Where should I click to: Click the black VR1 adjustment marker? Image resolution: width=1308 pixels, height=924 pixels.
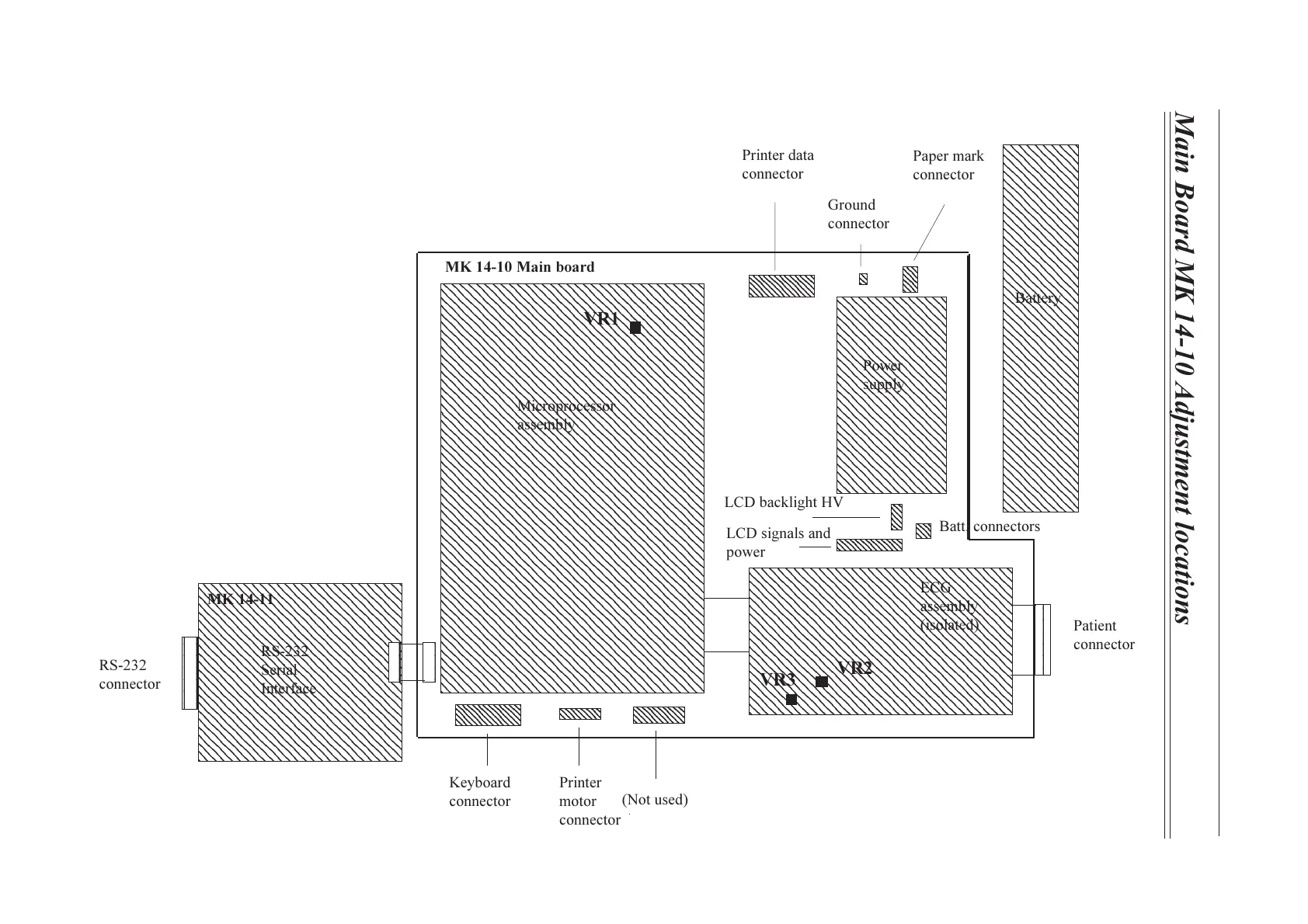(635, 328)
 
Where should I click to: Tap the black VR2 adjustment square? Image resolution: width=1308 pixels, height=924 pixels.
(822, 682)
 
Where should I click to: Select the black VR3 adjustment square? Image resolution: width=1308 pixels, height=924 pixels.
(791, 700)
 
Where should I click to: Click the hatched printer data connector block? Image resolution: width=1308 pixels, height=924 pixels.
(781, 286)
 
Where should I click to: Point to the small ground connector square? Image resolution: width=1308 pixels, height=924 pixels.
(863, 279)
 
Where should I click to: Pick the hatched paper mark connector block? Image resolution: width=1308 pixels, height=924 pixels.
(910, 280)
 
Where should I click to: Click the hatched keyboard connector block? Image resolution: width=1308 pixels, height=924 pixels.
(488, 715)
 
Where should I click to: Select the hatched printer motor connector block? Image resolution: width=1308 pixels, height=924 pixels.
(579, 714)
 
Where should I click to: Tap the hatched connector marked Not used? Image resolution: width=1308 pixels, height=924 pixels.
(659, 715)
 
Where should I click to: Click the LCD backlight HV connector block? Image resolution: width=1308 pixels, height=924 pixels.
(896, 517)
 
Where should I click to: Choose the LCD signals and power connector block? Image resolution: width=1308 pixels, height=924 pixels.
(869, 545)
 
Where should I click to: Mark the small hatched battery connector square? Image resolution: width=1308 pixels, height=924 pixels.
(924, 531)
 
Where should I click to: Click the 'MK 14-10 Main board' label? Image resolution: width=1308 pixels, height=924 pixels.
(520, 267)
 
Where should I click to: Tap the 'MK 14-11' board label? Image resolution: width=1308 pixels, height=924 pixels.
(240, 599)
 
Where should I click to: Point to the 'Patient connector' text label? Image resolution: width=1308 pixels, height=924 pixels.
(1103, 635)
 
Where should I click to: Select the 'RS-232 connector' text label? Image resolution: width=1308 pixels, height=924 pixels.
(129, 675)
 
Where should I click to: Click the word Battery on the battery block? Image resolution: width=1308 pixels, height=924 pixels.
(1038, 298)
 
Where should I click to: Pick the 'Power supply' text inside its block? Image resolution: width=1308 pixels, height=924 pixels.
(883, 375)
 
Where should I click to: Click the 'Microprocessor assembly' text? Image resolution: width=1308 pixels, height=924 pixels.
(565, 415)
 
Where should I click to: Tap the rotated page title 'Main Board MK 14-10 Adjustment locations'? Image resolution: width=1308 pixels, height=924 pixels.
(1183, 369)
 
